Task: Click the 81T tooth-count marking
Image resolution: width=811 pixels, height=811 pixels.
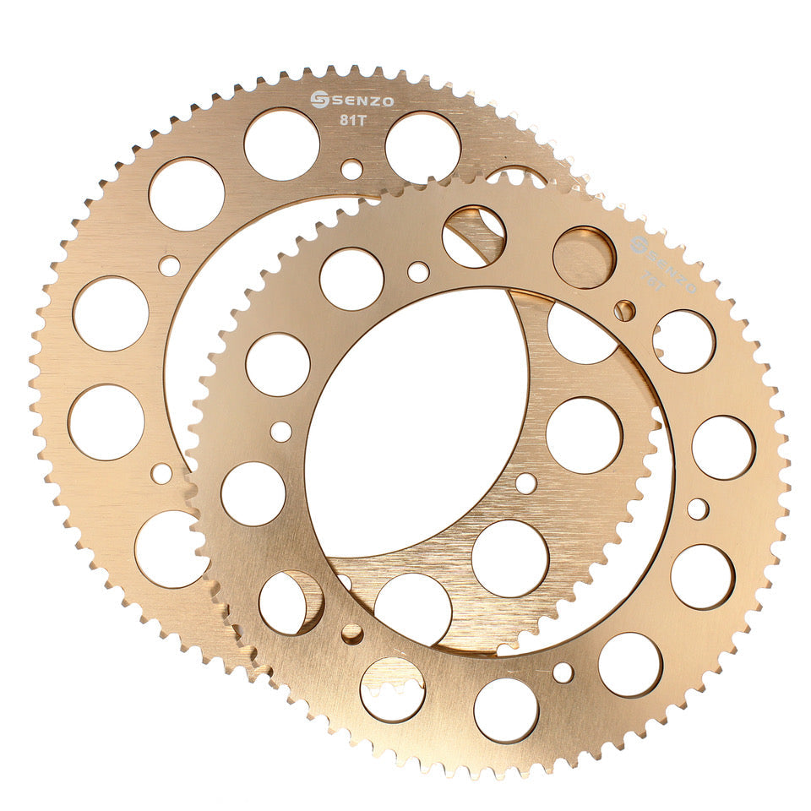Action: coord(352,120)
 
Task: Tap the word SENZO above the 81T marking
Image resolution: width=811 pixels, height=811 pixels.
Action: coord(362,101)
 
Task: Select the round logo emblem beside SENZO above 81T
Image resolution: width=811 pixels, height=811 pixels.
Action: coord(319,100)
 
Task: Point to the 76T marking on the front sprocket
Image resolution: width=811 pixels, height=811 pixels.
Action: coord(654,274)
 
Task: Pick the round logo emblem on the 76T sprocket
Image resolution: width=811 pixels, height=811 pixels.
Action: coord(639,245)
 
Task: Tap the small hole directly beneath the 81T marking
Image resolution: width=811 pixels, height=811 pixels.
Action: coord(351,169)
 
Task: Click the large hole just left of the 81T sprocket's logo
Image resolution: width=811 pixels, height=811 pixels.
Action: coord(281,144)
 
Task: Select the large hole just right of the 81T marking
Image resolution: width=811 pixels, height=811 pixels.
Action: coord(422,147)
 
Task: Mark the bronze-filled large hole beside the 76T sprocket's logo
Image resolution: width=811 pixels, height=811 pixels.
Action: coord(584,258)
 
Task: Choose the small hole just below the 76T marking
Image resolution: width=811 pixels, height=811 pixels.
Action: coord(624,310)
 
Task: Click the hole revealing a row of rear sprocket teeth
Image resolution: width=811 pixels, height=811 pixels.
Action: coord(392,689)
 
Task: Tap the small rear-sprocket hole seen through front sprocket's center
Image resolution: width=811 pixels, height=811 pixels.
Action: coord(525,483)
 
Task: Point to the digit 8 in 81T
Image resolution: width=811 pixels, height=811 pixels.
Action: coord(344,120)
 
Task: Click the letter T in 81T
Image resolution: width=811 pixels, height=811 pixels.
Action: coord(361,120)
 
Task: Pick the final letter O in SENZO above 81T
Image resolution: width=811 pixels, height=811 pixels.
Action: coord(387,101)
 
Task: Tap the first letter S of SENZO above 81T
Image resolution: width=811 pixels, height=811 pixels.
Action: coord(336,101)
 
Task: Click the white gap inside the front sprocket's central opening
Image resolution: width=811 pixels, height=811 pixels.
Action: coord(414,422)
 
